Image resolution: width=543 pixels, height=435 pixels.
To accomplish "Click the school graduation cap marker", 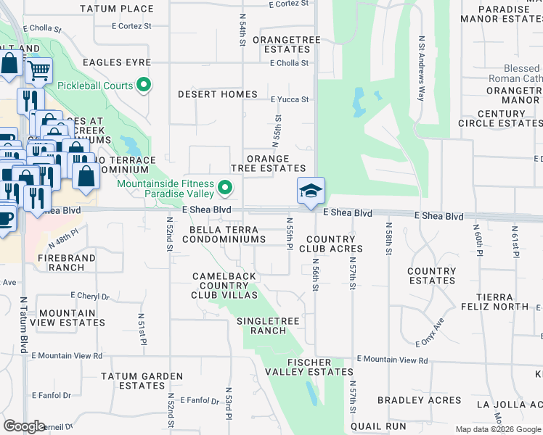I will (311, 192).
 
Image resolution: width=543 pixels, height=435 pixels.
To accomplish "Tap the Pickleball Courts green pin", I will (144, 86).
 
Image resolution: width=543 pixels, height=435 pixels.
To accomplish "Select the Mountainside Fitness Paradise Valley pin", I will (225, 189).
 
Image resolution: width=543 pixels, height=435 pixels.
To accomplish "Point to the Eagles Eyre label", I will (117, 62).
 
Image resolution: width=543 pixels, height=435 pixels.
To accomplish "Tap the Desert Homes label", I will (218, 94).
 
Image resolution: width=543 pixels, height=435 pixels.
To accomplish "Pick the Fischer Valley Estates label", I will (309, 367).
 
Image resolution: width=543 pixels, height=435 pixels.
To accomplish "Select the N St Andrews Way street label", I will (421, 69).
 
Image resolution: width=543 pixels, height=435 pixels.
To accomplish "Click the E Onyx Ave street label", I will (429, 333).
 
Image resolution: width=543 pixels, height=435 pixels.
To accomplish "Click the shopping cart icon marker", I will (38, 71).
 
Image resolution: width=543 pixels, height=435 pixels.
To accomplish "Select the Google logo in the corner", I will (25, 426).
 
